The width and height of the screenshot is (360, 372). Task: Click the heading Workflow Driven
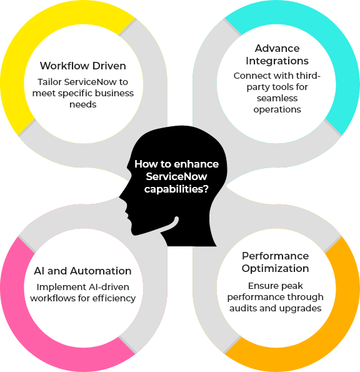click(x=82, y=66)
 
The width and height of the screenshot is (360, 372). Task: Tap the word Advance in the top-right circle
click(x=277, y=48)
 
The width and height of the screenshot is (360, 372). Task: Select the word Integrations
click(x=277, y=61)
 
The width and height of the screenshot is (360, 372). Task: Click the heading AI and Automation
click(x=82, y=271)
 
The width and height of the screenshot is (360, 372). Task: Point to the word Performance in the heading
click(x=276, y=256)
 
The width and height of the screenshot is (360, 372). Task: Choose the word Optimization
click(x=276, y=269)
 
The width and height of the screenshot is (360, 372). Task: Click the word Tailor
click(x=50, y=82)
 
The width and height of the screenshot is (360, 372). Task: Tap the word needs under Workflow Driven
click(x=82, y=104)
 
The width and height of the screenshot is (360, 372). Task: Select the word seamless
click(x=277, y=98)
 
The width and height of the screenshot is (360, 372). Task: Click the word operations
click(x=277, y=109)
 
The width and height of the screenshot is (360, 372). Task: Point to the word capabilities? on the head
click(x=176, y=189)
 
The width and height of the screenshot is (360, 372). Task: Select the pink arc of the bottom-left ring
click(x=36, y=332)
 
